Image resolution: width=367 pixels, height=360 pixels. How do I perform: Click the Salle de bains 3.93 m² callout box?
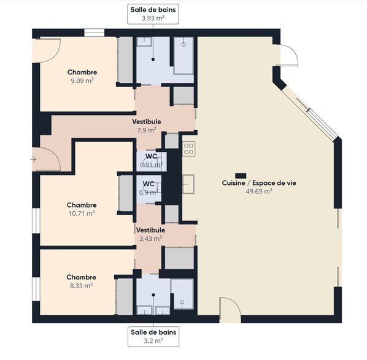[153, 14]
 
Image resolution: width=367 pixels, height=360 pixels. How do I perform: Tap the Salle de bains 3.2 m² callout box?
[153, 337]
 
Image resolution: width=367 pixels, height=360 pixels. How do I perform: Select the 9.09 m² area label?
[82, 81]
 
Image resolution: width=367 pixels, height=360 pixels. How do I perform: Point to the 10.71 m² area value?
[82, 213]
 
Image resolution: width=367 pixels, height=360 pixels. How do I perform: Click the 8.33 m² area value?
[81, 286]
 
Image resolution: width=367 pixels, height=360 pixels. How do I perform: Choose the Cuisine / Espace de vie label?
[259, 183]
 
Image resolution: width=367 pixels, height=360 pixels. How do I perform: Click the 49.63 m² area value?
[259, 191]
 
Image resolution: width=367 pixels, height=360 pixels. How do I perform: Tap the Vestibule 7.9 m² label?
[147, 126]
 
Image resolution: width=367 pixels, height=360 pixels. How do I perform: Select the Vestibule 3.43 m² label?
[150, 234]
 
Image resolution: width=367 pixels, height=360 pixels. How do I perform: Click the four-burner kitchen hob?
[189, 149]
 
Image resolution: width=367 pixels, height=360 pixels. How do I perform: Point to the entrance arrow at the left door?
[33, 160]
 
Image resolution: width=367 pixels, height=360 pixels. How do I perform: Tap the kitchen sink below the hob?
[188, 184]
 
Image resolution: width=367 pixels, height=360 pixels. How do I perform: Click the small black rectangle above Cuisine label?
[241, 176]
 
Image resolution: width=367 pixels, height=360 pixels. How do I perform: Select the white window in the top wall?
[94, 33]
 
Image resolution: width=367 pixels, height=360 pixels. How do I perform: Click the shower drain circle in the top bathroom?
[183, 44]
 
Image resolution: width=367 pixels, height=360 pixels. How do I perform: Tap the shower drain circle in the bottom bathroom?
[182, 302]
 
